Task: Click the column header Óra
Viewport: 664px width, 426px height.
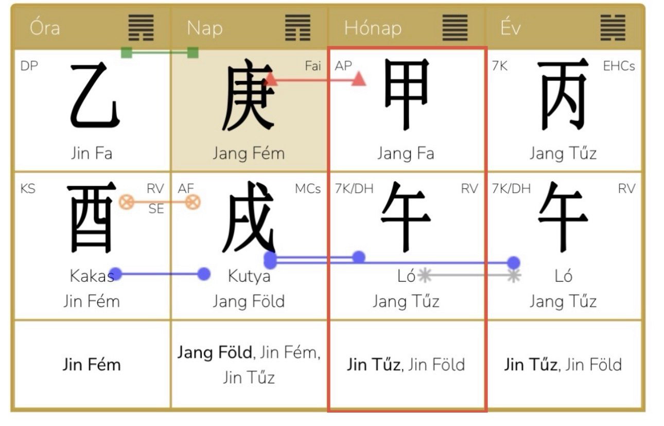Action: coord(45,28)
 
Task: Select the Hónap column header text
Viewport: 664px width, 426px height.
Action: coord(373,28)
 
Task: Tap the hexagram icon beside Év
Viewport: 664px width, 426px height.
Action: coord(613,28)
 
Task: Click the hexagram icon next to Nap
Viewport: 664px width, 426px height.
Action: coord(298,28)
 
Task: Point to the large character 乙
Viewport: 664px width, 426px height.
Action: coord(95,95)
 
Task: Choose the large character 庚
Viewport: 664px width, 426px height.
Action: coord(249,95)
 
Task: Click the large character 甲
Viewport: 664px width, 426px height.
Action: coord(407,94)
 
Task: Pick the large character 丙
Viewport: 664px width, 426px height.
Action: coord(563,94)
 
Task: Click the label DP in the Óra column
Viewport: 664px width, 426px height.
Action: coord(29,66)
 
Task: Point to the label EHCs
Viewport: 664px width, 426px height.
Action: coord(619,66)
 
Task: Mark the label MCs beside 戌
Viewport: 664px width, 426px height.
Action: coord(308,189)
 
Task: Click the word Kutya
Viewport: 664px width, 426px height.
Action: coord(249,277)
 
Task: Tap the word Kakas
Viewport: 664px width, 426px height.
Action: coord(92,276)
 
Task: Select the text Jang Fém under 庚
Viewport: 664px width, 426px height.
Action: coord(249,154)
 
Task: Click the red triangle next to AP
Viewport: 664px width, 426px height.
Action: coord(358,79)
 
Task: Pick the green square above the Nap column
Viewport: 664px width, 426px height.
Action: coord(193,53)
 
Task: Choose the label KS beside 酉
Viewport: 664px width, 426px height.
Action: coord(28,189)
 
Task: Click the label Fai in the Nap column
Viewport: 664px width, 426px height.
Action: coord(313,66)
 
